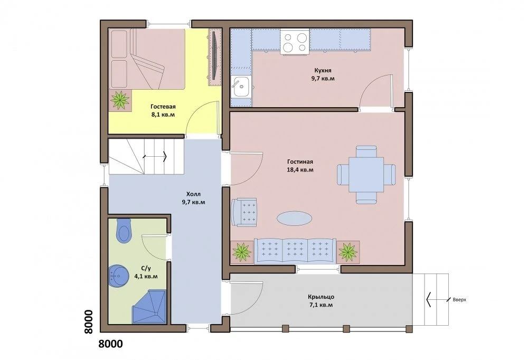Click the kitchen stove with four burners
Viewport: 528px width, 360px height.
coord(295,41)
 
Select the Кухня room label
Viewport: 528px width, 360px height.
coord(323,70)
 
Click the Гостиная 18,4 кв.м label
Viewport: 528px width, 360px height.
coord(300,166)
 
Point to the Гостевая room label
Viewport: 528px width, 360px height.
coord(163,107)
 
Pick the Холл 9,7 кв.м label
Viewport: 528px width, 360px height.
coord(193,198)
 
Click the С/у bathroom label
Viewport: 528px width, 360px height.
coord(146,268)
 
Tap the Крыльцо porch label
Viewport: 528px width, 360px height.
coord(321,297)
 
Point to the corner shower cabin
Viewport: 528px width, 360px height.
coord(149,307)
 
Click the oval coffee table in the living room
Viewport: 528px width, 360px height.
coord(294,218)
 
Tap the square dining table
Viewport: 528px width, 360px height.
coord(366,175)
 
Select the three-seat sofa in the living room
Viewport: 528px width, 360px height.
coord(295,251)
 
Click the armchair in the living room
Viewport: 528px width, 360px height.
coord(244,212)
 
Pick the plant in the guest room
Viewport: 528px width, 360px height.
coord(120,100)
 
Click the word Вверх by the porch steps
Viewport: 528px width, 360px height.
coord(459,299)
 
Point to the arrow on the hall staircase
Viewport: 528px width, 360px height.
coord(155,156)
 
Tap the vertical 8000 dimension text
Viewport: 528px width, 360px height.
coord(88,321)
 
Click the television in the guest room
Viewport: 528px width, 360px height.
coord(215,56)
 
